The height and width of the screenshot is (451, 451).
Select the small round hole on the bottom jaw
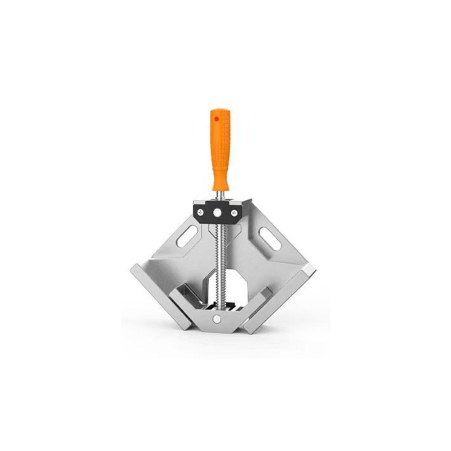[216, 318]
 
